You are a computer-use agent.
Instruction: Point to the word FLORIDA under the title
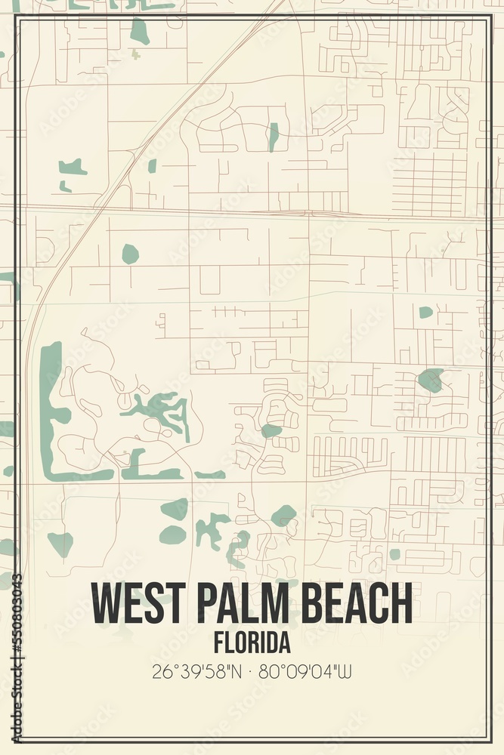coord(252,643)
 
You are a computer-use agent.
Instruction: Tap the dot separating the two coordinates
coord(252,670)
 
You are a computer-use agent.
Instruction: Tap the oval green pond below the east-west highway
coord(130,254)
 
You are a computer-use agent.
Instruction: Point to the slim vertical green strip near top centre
coord(273,137)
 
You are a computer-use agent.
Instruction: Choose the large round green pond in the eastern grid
coord(431,379)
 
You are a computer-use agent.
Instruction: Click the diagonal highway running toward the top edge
coord(189,98)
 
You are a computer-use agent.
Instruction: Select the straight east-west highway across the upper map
coord(249,211)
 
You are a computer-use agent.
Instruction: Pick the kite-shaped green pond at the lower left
coord(61,542)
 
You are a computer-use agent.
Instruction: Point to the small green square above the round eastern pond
coord(426,312)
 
